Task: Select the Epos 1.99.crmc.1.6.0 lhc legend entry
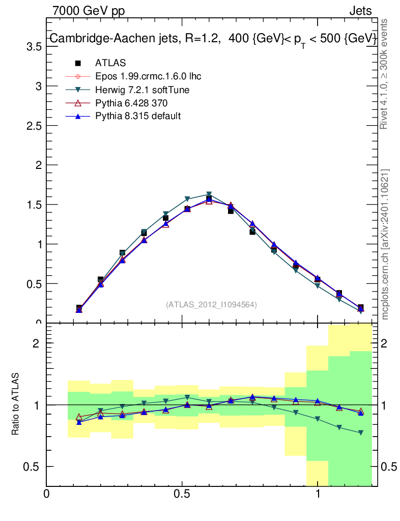[148, 76]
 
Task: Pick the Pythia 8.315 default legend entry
[138, 116]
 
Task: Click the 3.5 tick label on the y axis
[34, 46]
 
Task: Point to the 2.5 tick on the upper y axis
[34, 126]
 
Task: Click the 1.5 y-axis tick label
[34, 205]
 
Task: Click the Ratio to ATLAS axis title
[16, 404]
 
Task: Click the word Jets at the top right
[360, 11]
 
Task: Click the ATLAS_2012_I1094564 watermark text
[211, 304]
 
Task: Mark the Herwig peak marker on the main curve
[209, 195]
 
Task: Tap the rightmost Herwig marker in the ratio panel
[360, 432]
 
